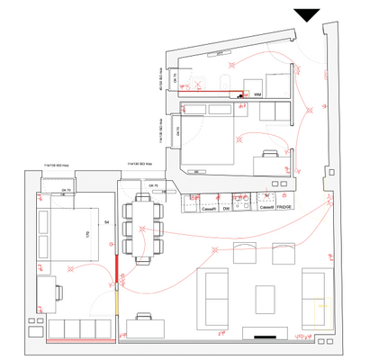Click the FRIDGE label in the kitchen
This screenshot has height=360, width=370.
point(284,208)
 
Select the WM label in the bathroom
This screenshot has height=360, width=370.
point(257,94)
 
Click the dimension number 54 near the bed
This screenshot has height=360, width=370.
point(107,220)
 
